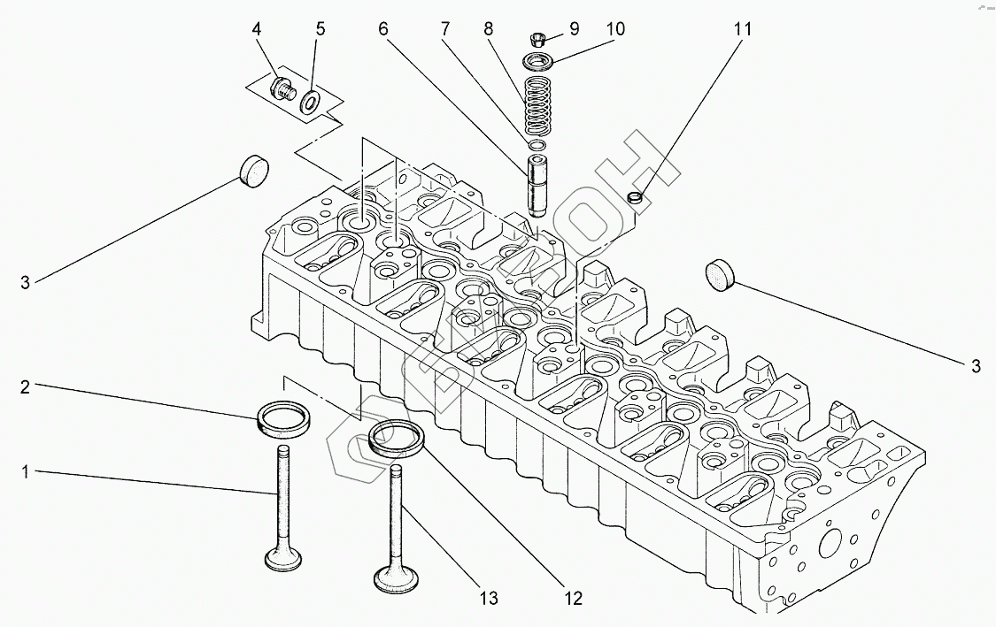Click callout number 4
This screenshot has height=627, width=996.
257,29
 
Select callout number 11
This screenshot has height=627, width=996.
743,29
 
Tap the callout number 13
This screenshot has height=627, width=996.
489,598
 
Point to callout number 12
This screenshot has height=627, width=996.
573,598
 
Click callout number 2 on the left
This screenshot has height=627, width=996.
25,386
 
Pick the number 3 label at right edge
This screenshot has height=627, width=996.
975,366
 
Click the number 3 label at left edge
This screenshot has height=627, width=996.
25,282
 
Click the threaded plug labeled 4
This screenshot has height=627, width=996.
282,88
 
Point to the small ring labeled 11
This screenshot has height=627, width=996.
635,198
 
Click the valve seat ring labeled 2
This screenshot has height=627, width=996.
284,419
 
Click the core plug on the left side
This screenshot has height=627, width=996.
253,171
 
